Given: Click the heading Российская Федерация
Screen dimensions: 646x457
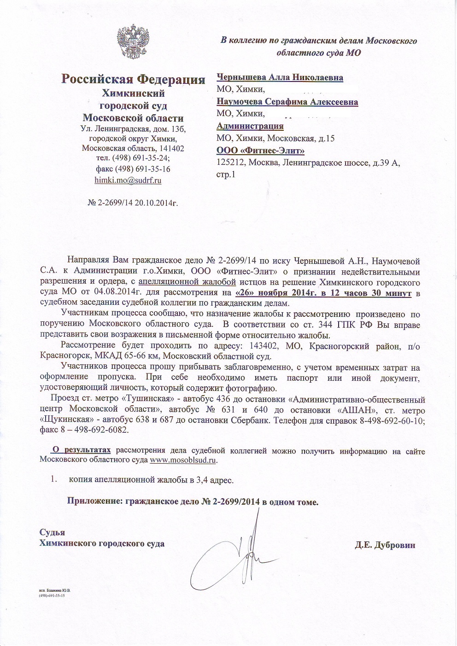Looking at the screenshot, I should coord(134,79).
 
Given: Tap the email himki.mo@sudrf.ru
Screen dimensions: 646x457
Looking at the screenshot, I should coord(128,180).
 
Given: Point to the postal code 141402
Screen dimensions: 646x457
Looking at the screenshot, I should coord(171,148).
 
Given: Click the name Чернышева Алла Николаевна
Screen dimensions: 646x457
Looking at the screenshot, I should coord(280,77).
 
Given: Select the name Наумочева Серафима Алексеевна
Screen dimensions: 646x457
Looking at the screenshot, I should coord(287,102).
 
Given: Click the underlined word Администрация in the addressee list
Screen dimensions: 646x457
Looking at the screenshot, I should coord(250,126).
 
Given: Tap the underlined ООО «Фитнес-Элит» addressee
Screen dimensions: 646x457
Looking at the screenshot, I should coord(260,150).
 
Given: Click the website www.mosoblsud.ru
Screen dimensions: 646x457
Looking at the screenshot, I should coord(183,460).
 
